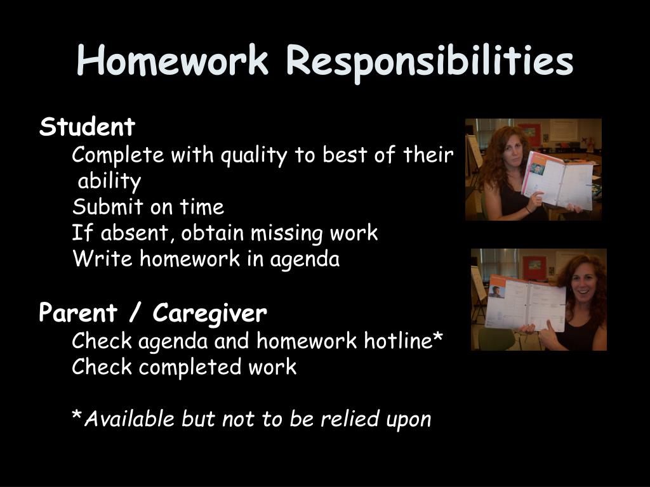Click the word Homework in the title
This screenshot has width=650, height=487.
click(173, 62)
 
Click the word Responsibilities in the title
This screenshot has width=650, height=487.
click(430, 62)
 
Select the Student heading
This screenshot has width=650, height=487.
click(87, 127)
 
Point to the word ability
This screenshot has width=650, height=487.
click(109, 181)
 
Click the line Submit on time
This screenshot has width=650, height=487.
click(148, 207)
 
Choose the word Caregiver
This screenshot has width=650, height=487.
click(210, 313)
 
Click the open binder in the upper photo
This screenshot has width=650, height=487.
click(557, 181)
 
